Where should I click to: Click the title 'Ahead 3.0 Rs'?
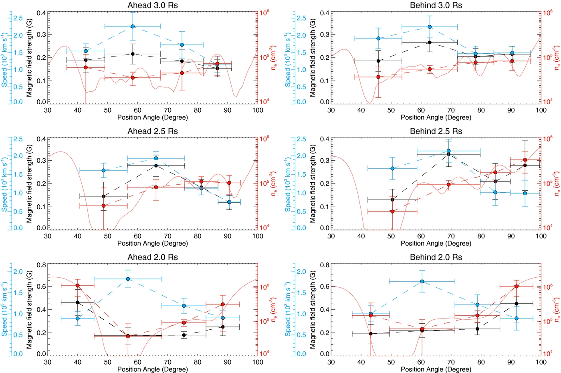(152, 5)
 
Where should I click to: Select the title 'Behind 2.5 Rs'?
(436, 131)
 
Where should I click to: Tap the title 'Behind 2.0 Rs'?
(436, 257)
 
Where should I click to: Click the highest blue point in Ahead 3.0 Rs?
(133, 26)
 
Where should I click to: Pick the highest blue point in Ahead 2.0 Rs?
(128, 279)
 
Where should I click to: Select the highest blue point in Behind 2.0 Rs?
(422, 282)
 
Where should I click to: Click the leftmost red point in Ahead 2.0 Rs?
(77, 286)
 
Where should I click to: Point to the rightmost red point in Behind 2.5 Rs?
(525, 160)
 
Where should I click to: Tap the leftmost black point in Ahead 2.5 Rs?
(104, 196)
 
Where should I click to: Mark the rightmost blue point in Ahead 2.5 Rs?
(229, 202)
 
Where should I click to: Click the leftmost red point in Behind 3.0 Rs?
(378, 77)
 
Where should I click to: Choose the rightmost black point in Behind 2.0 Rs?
(517, 304)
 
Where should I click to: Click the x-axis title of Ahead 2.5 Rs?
(152, 243)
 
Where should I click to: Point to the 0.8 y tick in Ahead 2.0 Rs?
(41, 265)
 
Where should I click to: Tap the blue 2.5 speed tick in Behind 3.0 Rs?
(301, 18)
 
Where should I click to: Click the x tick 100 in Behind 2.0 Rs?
(541, 362)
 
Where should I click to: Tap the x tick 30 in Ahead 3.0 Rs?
(48, 110)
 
